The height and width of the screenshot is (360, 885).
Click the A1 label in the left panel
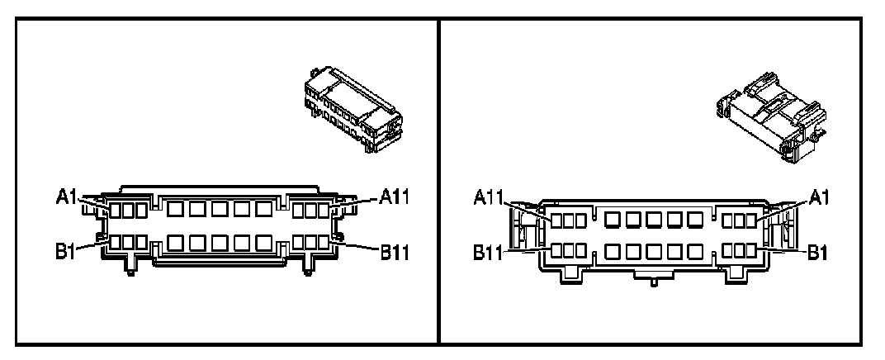click(67, 197)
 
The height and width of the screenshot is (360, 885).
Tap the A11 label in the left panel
click(395, 197)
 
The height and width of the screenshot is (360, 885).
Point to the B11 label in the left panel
click(395, 249)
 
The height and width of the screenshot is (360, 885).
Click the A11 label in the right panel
click(491, 198)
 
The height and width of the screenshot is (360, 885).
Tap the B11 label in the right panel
click(491, 251)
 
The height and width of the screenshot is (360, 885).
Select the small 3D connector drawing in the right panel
click(769, 111)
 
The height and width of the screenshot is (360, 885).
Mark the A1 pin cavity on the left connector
click(116, 211)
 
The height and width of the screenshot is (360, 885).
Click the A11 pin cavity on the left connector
click(323, 211)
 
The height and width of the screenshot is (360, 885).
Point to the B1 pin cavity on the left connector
click(116, 243)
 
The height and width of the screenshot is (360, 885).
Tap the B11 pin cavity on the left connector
click(323, 243)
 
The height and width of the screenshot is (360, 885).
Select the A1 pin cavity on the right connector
click(750, 220)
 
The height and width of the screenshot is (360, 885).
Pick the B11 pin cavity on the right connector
click(557, 249)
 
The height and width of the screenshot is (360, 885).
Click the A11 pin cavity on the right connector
click(557, 220)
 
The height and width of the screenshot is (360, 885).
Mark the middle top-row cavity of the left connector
click(220, 211)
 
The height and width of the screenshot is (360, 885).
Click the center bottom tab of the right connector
click(653, 278)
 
